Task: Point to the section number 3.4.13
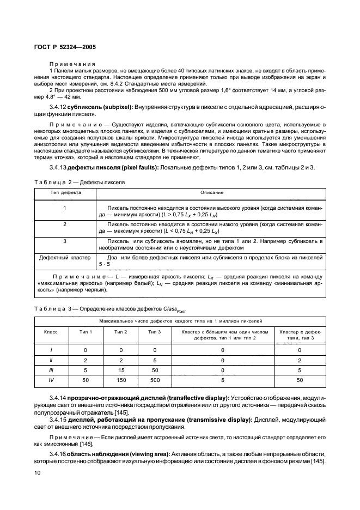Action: [x=59, y=167]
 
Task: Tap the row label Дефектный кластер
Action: [x=65, y=257]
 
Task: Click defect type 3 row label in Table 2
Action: [x=65, y=240]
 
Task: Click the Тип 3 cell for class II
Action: [x=155, y=360]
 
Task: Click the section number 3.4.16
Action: [x=59, y=454]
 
